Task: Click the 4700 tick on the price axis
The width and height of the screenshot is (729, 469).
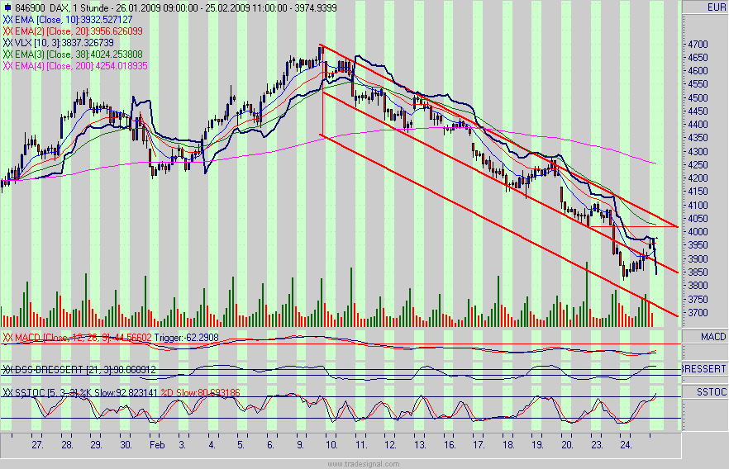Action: [698, 44]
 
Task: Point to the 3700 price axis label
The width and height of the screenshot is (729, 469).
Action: [698, 313]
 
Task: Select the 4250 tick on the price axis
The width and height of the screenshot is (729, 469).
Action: [698, 165]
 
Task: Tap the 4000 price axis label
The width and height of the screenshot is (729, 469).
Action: [698, 232]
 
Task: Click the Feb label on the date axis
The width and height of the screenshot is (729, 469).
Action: [158, 444]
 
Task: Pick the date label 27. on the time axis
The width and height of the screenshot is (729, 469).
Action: [38, 444]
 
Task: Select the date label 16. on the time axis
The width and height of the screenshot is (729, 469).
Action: [449, 444]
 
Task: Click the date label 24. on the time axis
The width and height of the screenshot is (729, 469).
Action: [627, 444]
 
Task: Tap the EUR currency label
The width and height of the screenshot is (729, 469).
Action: [716, 7]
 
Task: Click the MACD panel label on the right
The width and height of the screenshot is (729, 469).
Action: [713, 337]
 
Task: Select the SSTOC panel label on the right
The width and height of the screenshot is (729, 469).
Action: [712, 391]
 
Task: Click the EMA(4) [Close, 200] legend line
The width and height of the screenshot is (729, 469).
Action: [76, 66]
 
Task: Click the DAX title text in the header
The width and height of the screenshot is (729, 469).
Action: [50, 7]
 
